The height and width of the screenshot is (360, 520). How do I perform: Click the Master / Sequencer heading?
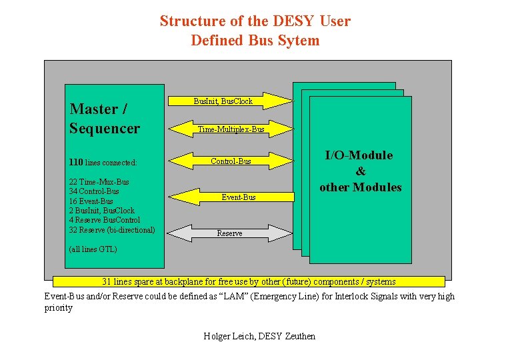coord(105,119)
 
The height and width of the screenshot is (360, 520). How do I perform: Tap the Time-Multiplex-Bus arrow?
coord(231,129)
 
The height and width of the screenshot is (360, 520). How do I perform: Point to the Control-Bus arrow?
coord(231,161)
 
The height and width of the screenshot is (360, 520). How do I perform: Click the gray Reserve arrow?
coord(229,233)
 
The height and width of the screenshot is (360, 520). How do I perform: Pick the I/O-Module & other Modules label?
coord(360,171)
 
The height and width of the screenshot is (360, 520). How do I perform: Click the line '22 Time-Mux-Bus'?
coord(99,181)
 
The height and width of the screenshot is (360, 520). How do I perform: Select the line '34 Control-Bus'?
coord(94,191)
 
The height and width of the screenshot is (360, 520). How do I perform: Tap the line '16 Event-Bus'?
coord(91,201)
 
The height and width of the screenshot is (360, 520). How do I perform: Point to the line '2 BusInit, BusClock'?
coord(101,211)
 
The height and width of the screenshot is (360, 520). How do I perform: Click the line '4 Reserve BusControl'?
coord(104,220)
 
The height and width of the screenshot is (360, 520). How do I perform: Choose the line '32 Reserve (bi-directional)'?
coord(111,230)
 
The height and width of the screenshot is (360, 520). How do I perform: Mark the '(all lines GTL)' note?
coord(93,249)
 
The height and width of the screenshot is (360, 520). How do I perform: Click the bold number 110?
coord(76,161)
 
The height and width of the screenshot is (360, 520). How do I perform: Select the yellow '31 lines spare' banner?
coord(248,282)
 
